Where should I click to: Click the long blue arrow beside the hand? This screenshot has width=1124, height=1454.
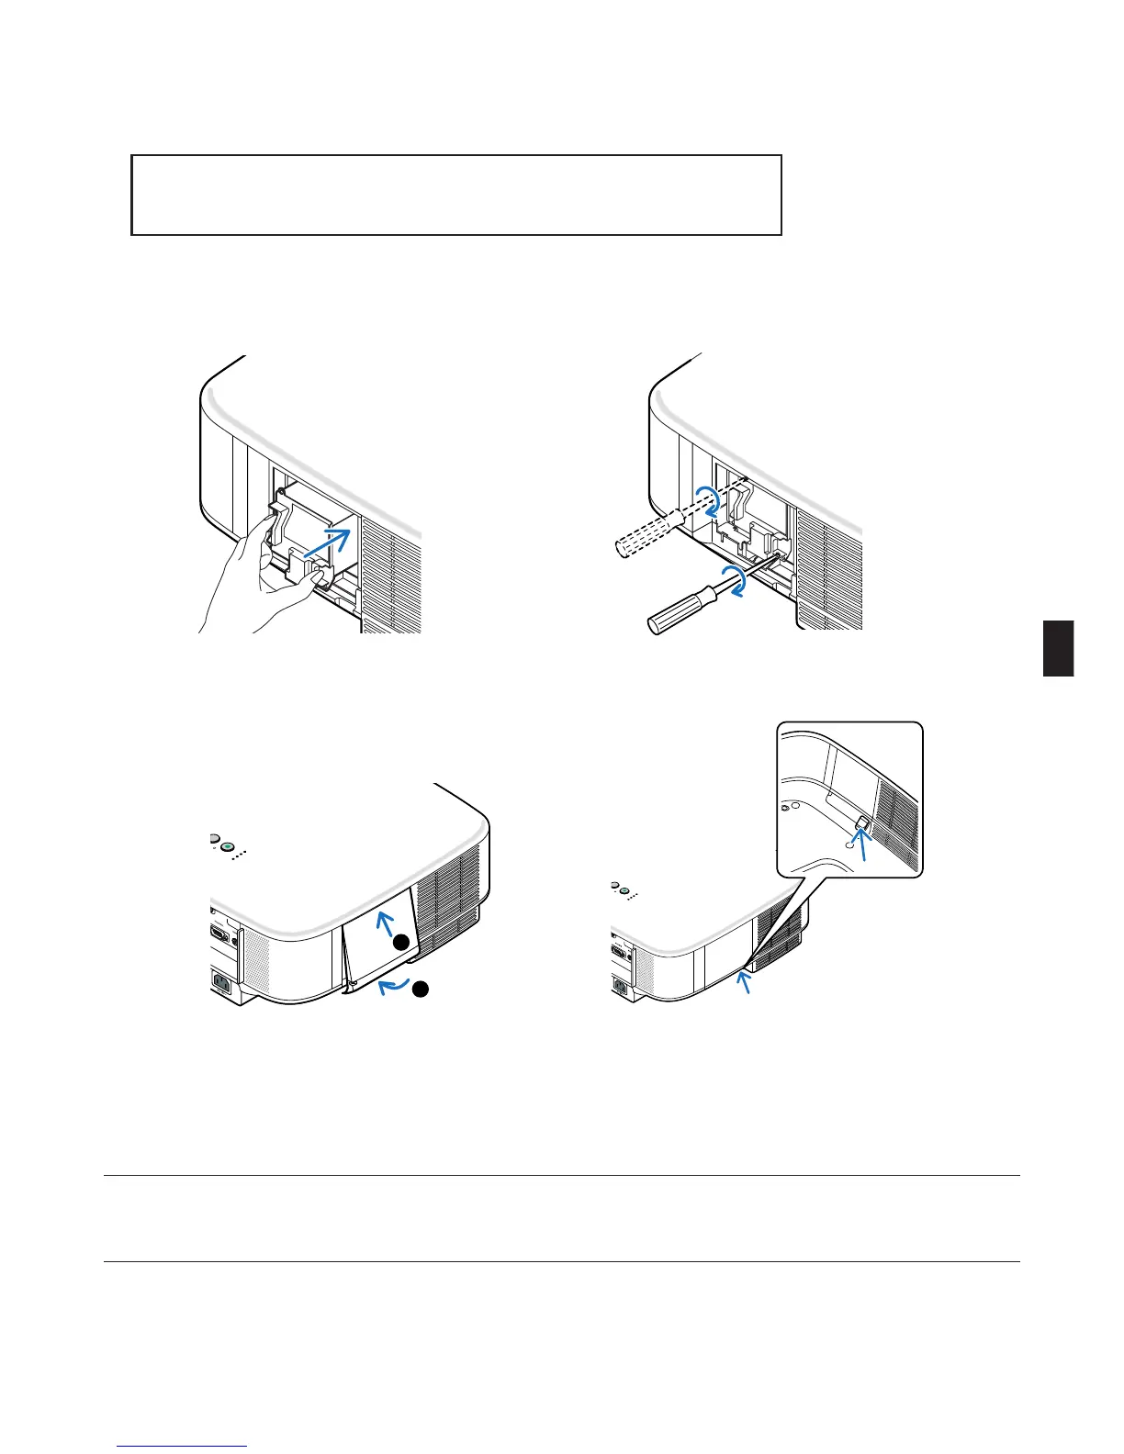326,543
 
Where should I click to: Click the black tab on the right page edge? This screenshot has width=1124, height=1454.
1058,648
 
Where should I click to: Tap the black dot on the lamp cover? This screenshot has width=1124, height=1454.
401,943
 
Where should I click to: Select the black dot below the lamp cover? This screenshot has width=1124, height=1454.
420,989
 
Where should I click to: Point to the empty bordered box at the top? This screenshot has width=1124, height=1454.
456,195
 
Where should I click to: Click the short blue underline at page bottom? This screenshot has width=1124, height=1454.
182,1448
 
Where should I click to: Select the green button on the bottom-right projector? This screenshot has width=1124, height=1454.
624,889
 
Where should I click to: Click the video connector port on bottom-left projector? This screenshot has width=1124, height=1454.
220,933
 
